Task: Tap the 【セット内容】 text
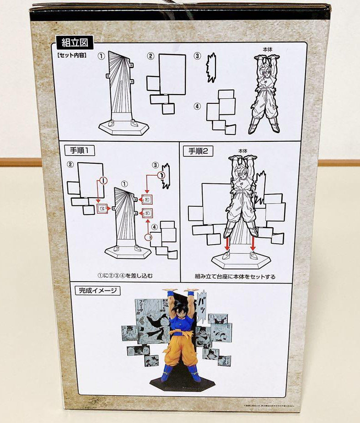coord(72,56)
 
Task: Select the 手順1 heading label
coord(79,150)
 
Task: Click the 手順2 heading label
coord(198,150)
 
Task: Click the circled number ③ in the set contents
coord(197,56)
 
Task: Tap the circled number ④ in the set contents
coord(197,106)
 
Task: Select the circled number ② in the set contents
coord(150,56)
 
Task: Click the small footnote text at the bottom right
coord(276,405)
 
